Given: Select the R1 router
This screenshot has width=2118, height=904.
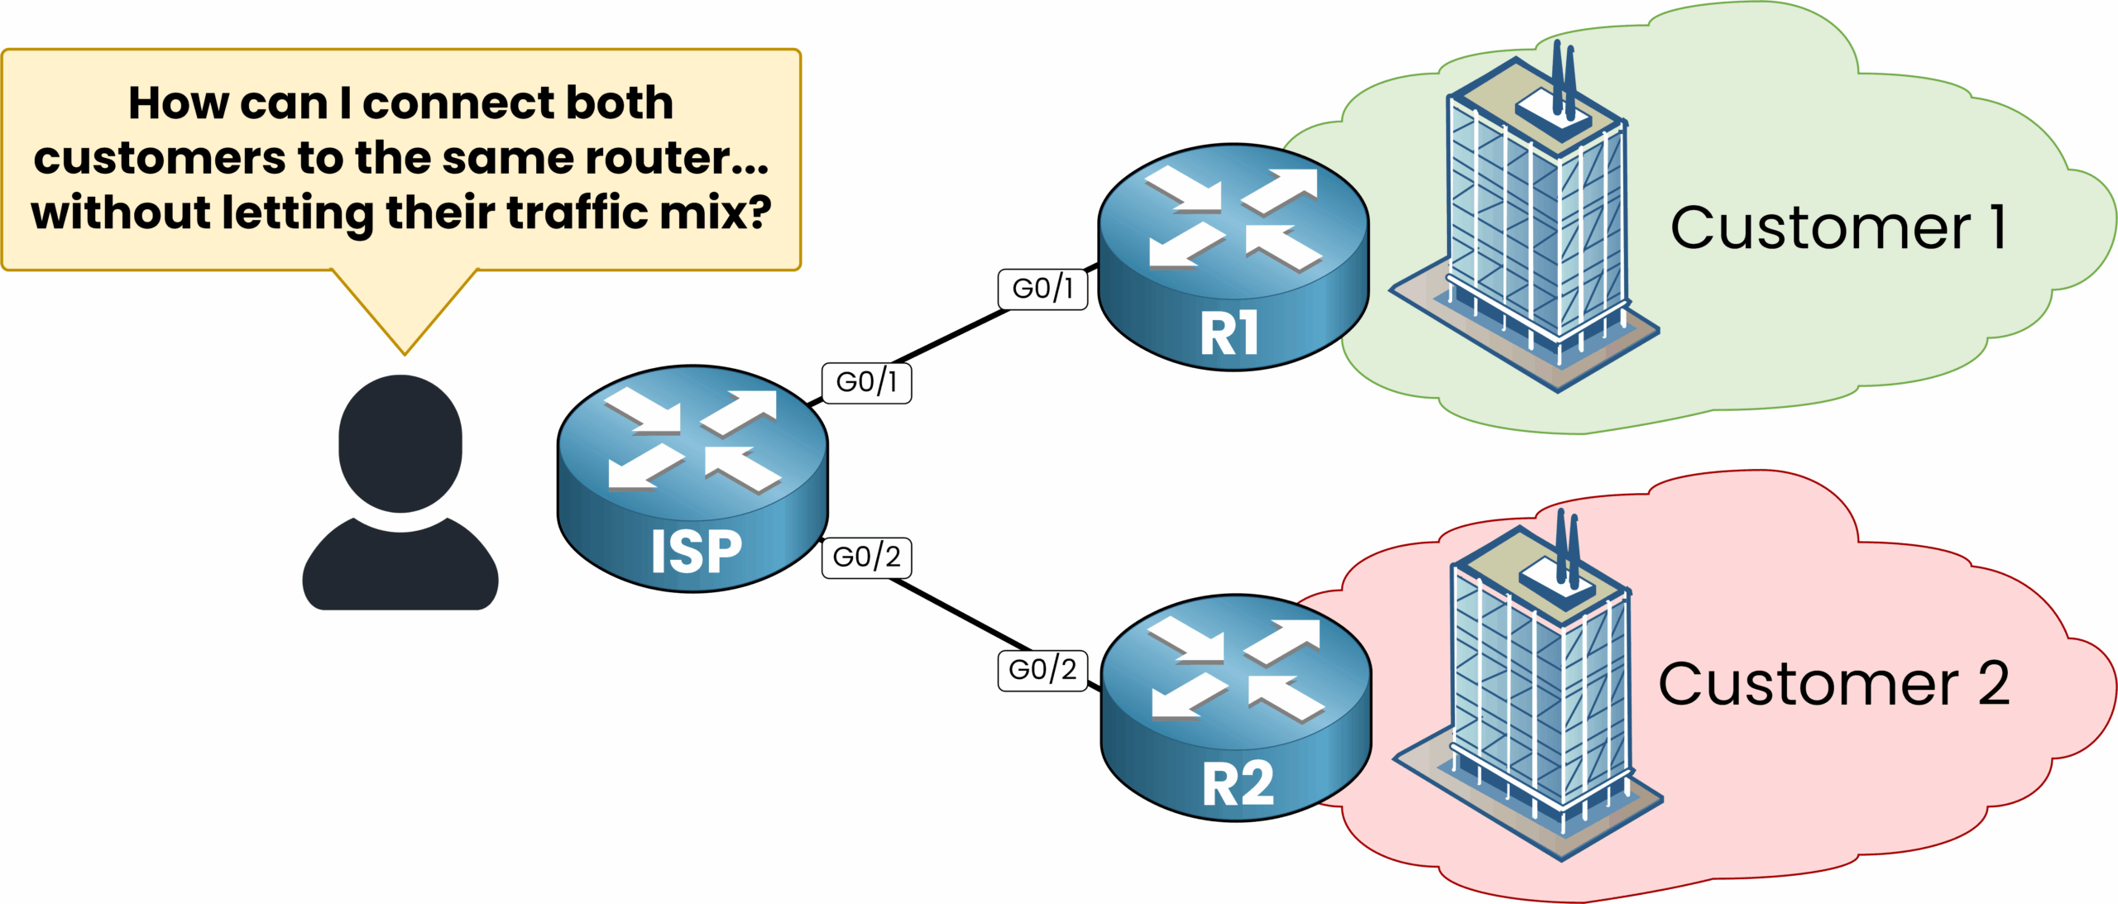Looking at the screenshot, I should click(1233, 256).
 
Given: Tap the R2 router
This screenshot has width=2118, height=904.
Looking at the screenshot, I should click(1236, 707).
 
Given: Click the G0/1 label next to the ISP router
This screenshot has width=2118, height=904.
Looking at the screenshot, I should click(866, 382).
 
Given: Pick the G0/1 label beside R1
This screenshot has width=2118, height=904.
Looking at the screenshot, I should click(1042, 289).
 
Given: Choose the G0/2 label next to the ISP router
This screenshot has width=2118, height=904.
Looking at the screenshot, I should click(866, 557).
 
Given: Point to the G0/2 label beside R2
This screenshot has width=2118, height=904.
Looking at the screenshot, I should click(1042, 669).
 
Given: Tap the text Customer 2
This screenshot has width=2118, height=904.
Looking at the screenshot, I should click(1833, 684).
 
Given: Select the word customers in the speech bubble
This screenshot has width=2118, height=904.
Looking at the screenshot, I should click(159, 157).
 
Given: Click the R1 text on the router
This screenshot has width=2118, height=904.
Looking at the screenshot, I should click(1229, 333).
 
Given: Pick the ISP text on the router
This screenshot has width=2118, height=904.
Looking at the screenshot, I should click(696, 552).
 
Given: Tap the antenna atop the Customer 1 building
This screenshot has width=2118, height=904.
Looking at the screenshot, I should click(1563, 79).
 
